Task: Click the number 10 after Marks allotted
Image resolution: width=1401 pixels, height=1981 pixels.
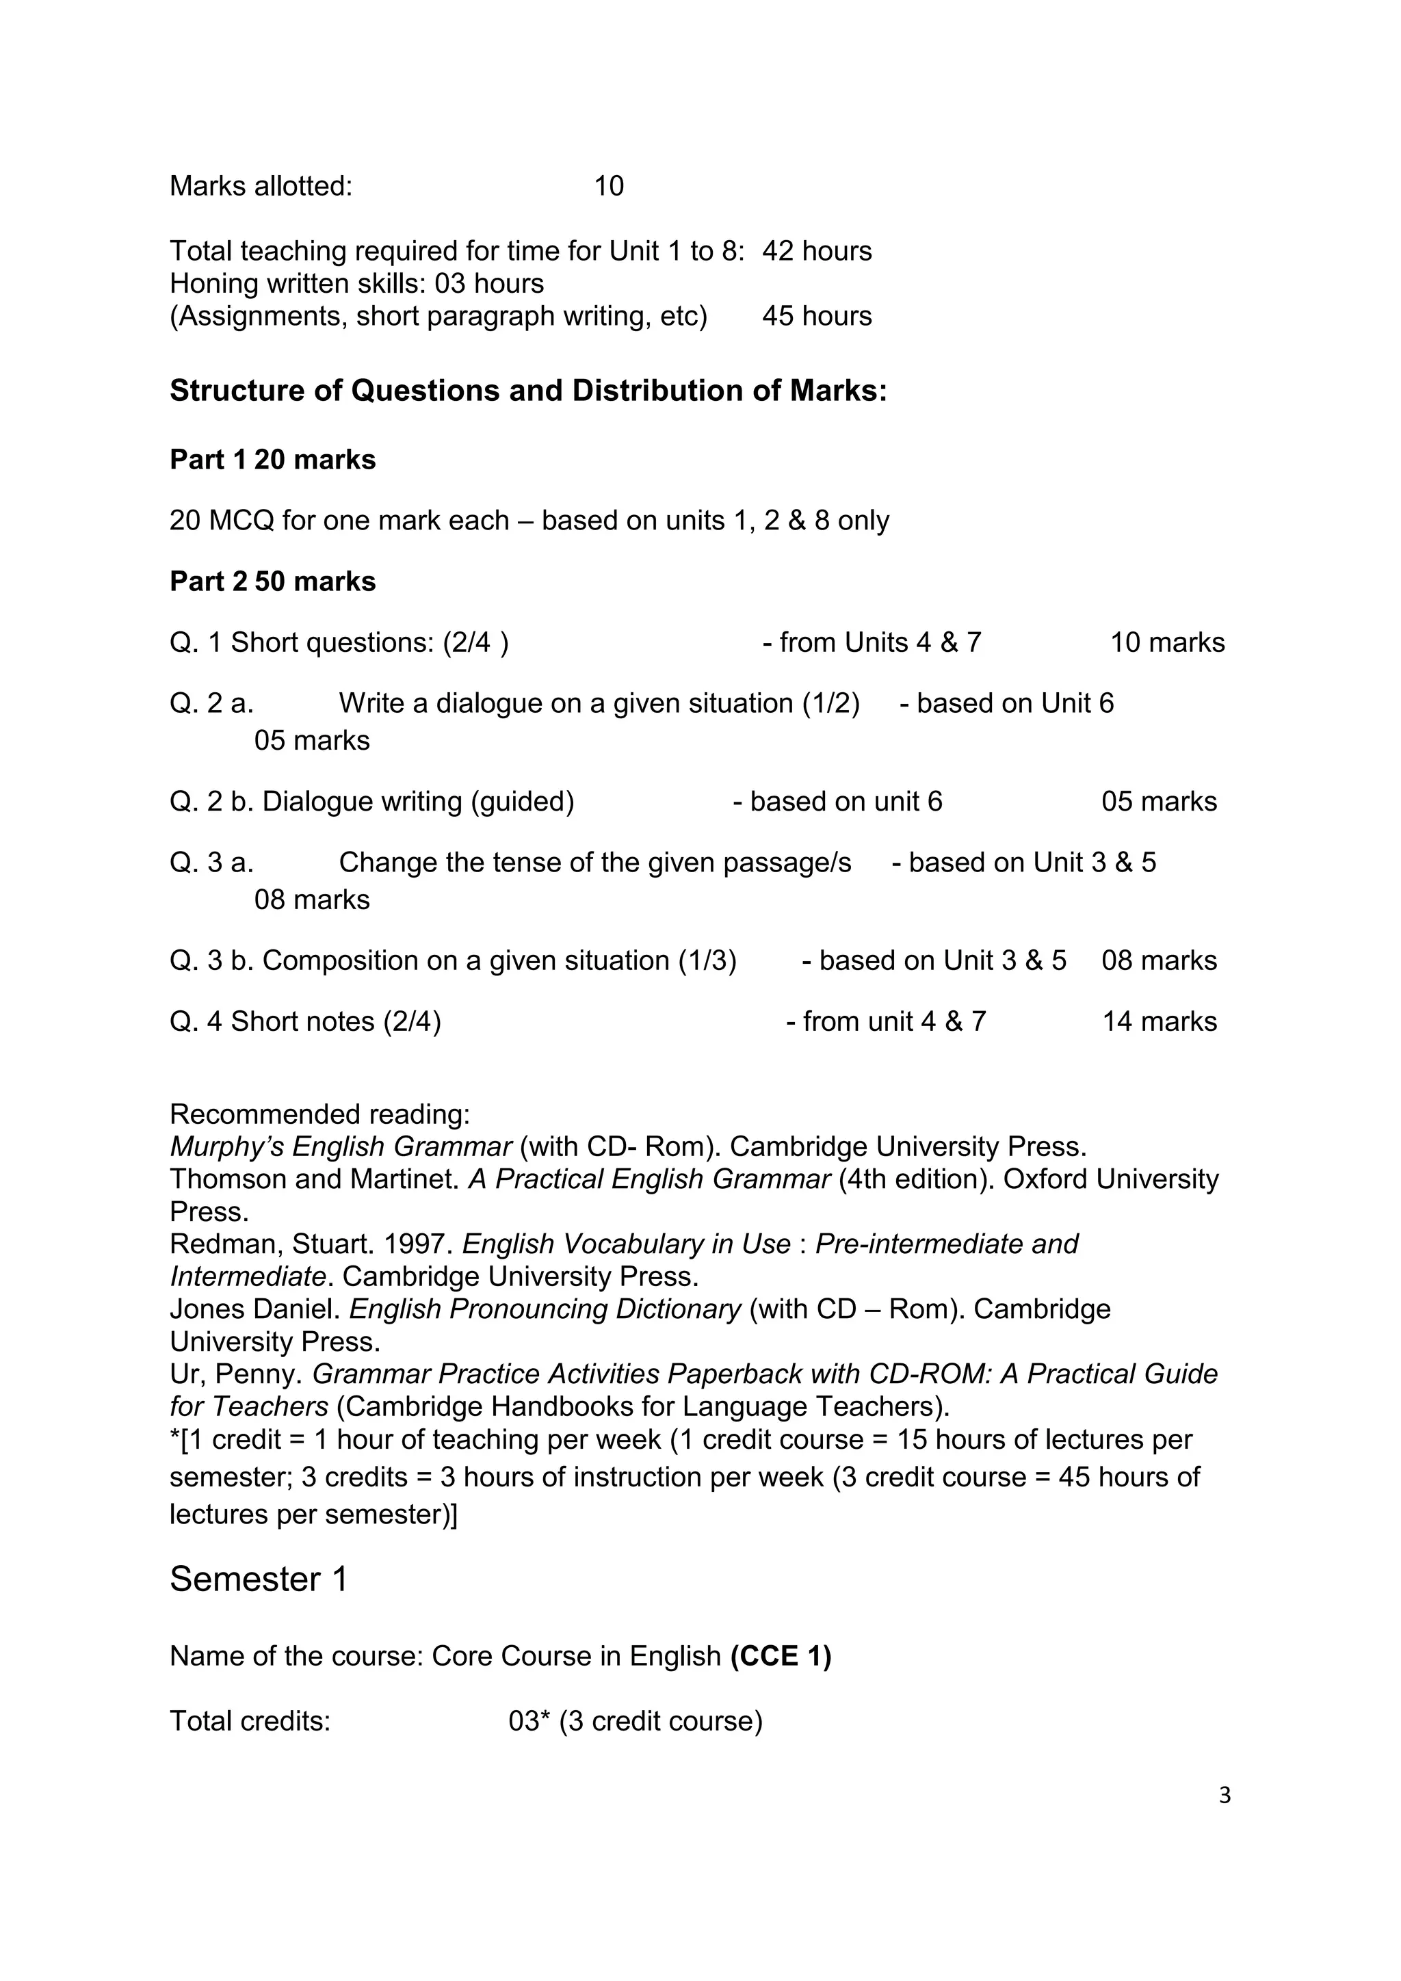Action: click(608, 186)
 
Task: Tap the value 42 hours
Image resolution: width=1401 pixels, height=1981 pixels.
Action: click(816, 251)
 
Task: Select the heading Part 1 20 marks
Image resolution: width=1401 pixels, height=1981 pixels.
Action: click(273, 460)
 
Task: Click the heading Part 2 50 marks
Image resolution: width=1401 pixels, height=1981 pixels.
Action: click(273, 581)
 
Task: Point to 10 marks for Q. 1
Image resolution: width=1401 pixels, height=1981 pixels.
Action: click(1166, 643)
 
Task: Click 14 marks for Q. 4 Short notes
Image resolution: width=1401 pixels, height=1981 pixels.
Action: click(1160, 1021)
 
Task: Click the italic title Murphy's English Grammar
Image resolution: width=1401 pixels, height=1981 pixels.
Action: click(341, 1146)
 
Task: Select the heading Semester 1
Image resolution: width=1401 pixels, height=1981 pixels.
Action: click(259, 1579)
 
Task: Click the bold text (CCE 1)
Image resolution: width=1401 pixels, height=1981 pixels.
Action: click(781, 1657)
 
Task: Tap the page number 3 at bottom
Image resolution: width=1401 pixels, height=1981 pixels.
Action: click(1224, 1796)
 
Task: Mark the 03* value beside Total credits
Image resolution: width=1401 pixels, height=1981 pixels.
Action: click(529, 1721)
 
